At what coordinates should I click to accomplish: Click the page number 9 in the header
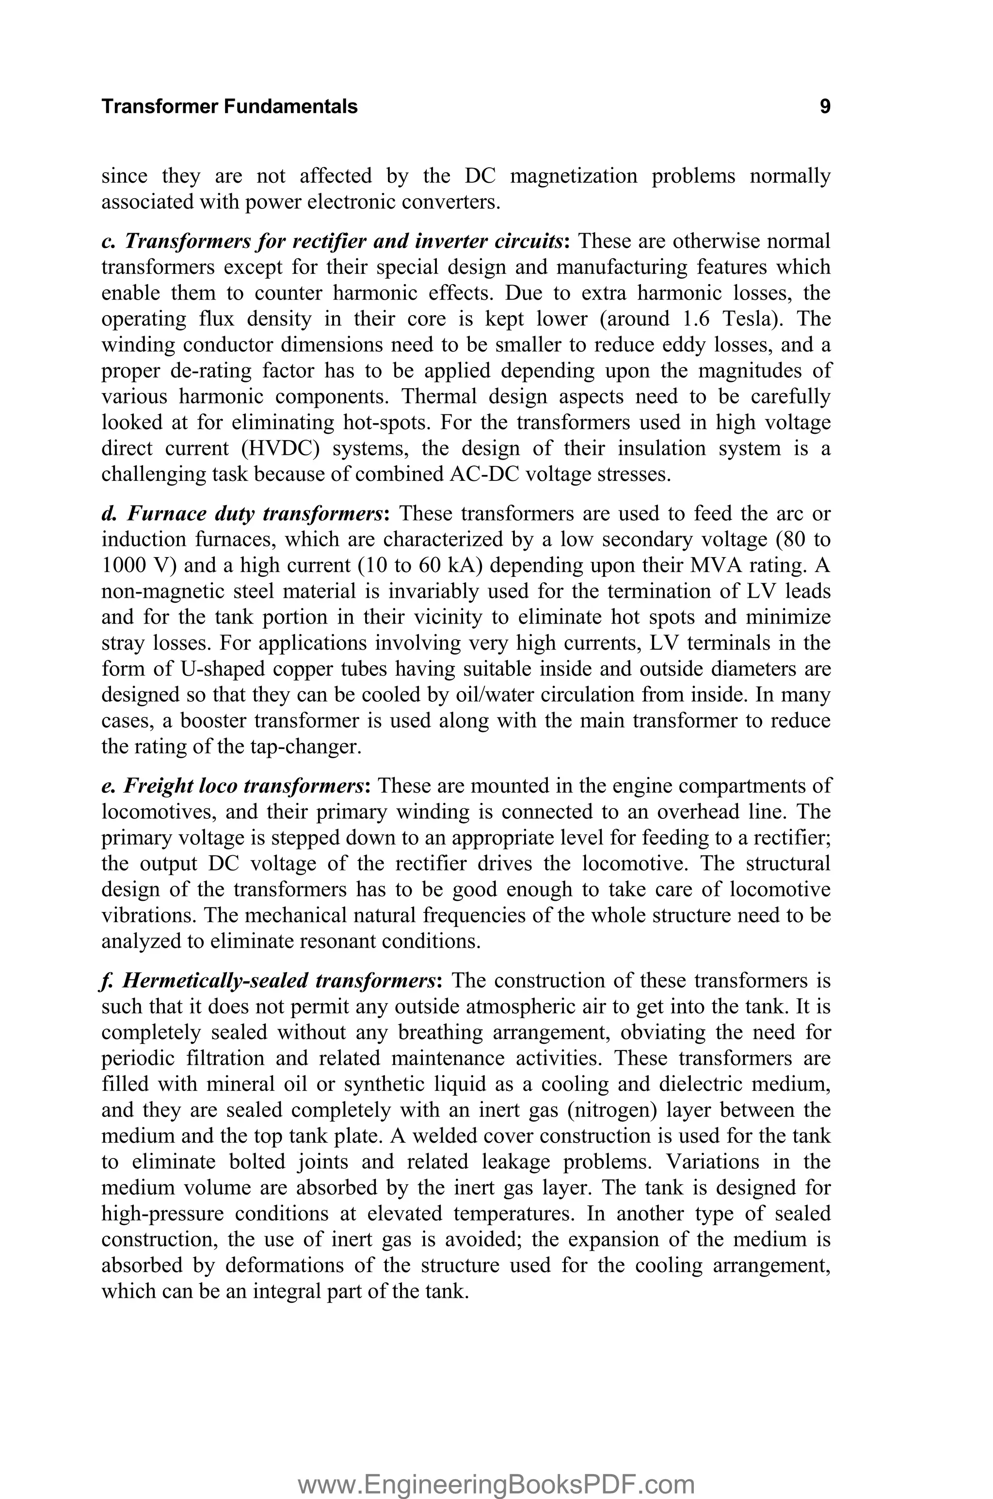pyautogui.click(x=825, y=106)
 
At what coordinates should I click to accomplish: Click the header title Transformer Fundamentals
pyautogui.click(x=229, y=106)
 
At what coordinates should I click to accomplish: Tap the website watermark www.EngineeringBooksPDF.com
pyautogui.click(x=496, y=1466)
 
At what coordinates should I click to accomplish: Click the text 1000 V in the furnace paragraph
pyautogui.click(x=134, y=565)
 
